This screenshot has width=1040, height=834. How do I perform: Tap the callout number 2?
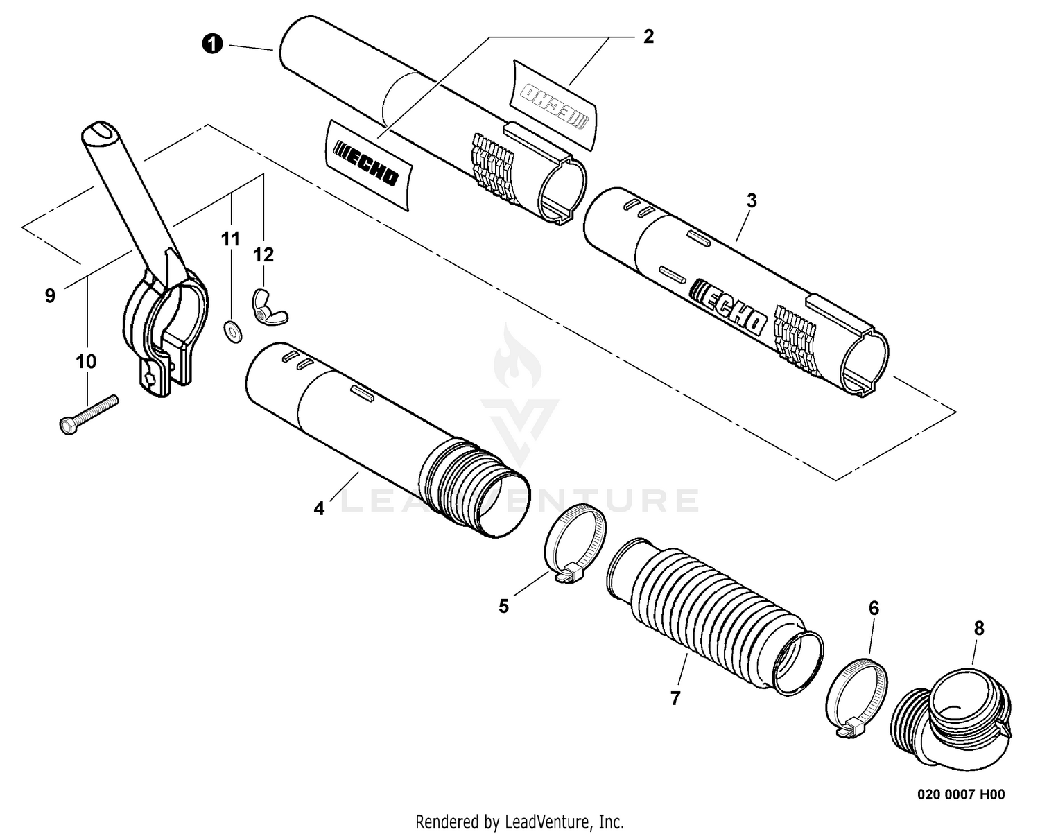648,37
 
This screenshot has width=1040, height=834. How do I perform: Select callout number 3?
752,201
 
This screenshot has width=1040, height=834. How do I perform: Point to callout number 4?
319,508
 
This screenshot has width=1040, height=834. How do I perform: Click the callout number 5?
504,606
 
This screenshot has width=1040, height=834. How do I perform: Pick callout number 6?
874,609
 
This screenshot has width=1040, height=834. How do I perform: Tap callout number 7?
675,698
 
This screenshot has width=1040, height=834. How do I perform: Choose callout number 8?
979,628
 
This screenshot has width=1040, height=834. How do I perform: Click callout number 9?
50,295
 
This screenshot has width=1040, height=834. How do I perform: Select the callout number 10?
86,361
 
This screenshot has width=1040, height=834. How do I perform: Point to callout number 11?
230,238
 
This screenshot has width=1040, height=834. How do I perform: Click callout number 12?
263,254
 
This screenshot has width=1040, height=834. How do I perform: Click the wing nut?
269,307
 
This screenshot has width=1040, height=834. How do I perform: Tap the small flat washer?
233,331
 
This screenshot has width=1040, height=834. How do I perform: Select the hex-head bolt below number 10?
89,415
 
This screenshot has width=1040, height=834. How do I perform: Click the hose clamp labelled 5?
575,543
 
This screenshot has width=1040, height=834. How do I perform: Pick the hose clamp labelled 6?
856,697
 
